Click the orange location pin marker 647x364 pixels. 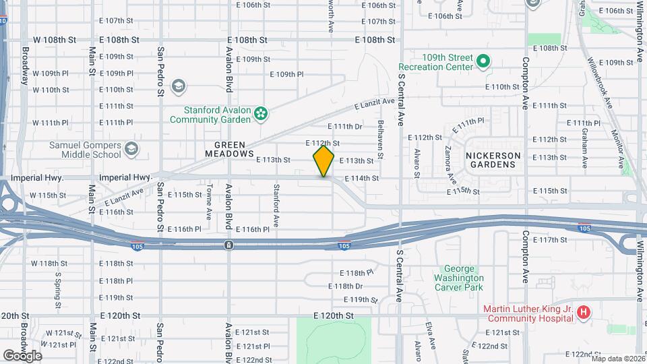(324, 161)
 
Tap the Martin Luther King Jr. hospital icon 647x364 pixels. (584, 313)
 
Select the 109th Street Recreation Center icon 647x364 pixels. (483, 62)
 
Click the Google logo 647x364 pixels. (22, 355)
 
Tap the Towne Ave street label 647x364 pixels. (210, 199)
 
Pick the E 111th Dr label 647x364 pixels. (345, 127)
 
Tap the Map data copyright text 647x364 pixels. (618, 359)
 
